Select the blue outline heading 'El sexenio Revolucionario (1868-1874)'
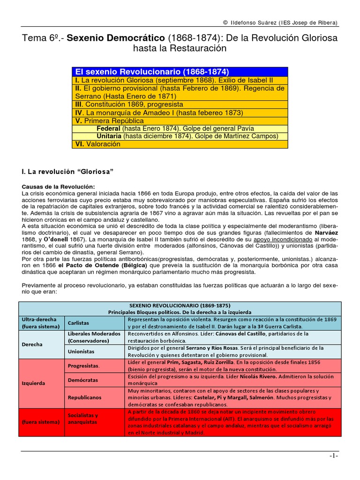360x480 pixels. click(151, 72)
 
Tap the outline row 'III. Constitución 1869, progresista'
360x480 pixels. click(129, 104)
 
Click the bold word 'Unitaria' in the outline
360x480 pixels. click(109, 136)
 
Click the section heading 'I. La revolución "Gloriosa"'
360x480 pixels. click(69, 172)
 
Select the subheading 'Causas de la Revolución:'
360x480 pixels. click(58, 187)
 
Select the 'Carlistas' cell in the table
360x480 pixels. click(79, 323)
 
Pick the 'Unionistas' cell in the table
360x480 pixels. click(81, 351)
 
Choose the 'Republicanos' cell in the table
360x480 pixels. click(84, 397)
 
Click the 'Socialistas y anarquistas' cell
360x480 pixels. click(83, 419)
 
